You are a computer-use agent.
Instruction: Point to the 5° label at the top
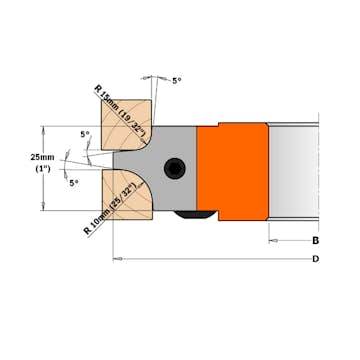178,80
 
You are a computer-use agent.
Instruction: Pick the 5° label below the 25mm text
74,183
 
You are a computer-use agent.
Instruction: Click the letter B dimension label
315,241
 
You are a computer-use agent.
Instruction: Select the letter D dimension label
315,260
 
